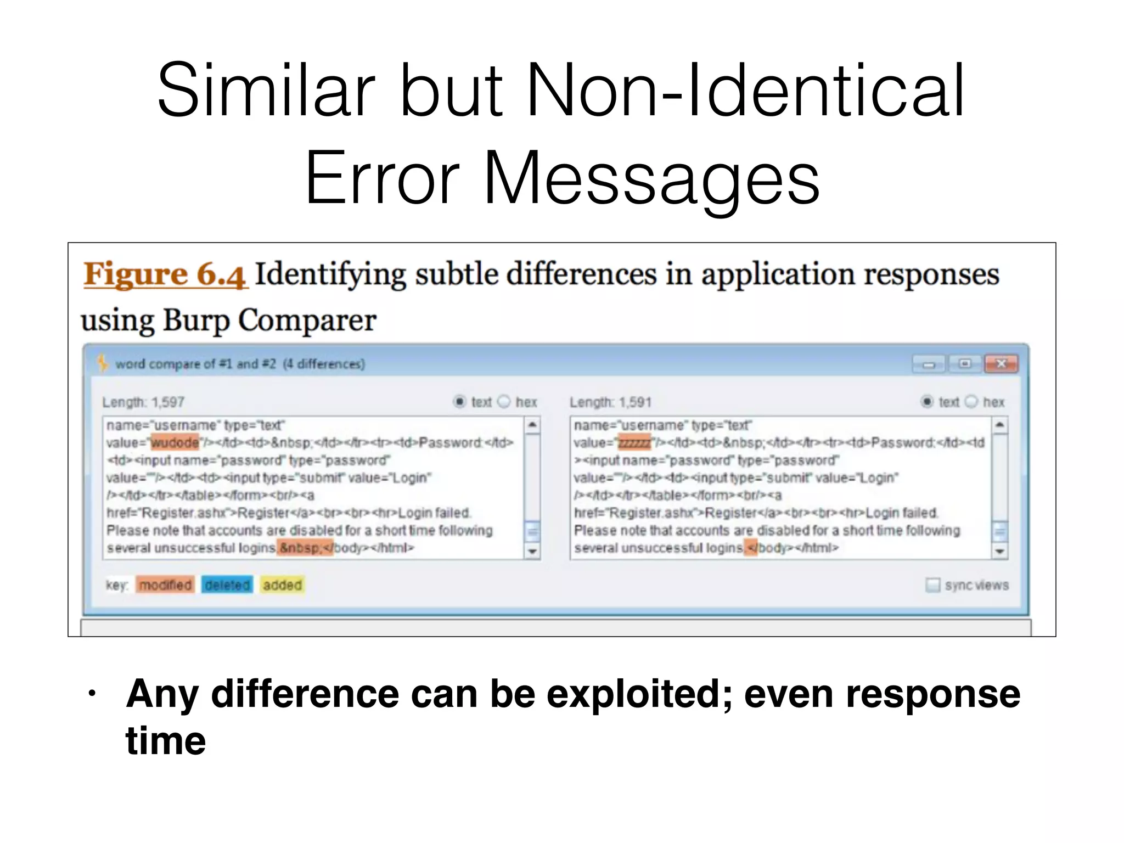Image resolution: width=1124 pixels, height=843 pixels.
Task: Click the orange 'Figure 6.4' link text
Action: pyautogui.click(x=165, y=274)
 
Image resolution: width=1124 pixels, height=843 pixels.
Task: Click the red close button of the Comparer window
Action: pyautogui.click(x=1001, y=364)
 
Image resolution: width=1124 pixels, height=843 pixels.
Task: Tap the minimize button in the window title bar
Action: pyautogui.click(x=929, y=364)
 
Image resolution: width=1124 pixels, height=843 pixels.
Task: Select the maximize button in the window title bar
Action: pyautogui.click(x=965, y=364)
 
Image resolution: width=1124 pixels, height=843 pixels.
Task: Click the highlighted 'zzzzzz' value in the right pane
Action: pyautogui.click(x=634, y=442)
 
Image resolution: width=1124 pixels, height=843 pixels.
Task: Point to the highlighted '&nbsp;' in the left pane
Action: pyautogui.click(x=300, y=548)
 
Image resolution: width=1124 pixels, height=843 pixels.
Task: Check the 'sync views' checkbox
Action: pyautogui.click(x=932, y=585)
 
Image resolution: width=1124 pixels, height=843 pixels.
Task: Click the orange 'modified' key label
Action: pyautogui.click(x=165, y=585)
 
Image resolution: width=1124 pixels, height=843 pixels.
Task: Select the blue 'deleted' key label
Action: pyautogui.click(x=227, y=585)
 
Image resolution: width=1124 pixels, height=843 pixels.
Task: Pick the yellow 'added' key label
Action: pyautogui.click(x=282, y=585)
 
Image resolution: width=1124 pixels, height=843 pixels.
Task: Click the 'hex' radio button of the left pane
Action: pyautogui.click(x=504, y=402)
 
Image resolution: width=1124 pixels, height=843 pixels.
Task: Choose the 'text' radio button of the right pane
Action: pyautogui.click(x=927, y=402)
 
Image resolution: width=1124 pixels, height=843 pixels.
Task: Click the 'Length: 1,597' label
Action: pyautogui.click(x=143, y=402)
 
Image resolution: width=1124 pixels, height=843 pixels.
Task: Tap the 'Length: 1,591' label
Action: pyautogui.click(x=610, y=402)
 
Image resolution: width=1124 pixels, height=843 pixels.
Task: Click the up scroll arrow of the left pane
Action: pyautogui.click(x=532, y=425)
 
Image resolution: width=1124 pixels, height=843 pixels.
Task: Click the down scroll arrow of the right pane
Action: pyautogui.click(x=999, y=551)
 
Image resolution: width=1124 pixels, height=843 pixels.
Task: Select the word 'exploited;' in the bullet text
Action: pyautogui.click(x=639, y=694)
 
